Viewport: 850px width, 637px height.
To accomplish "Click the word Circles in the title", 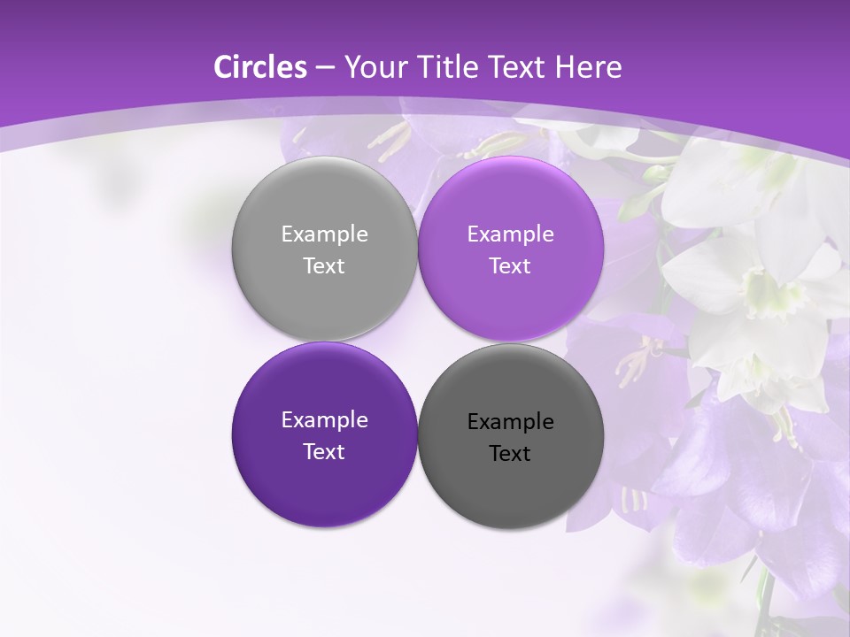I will point(260,67).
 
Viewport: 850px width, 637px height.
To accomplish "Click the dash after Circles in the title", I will point(324,68).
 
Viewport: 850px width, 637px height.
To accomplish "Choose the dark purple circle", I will point(324,478).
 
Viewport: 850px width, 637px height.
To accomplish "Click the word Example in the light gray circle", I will point(324,234).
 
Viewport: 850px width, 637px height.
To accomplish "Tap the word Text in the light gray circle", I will point(324,266).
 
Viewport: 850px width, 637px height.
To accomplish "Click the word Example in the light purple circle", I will point(511,234).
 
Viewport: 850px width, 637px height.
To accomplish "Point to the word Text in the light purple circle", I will point(511,266).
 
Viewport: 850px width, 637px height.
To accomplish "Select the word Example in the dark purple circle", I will point(324,420).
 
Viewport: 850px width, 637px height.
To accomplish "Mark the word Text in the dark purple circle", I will point(324,452).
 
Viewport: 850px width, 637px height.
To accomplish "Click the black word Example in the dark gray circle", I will point(511,422).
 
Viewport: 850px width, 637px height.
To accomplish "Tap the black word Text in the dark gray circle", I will point(511,454).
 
